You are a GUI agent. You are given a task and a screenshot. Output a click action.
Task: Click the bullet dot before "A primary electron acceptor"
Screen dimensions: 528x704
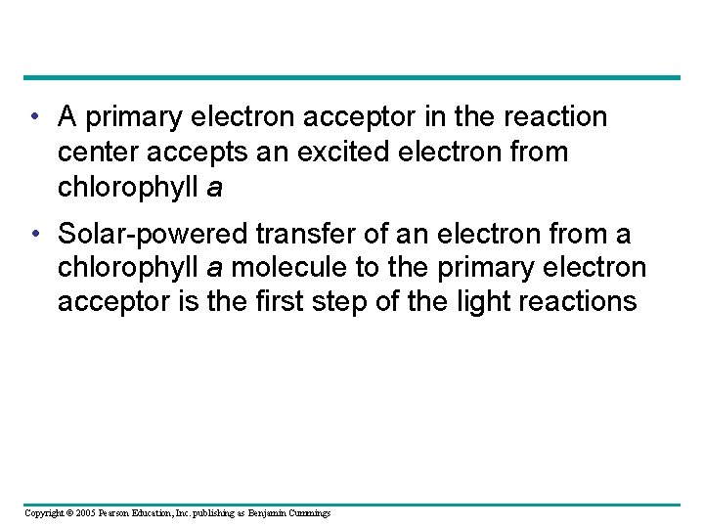pos(34,118)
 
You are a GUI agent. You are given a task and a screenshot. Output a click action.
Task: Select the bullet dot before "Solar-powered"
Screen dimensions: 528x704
pos(34,235)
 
